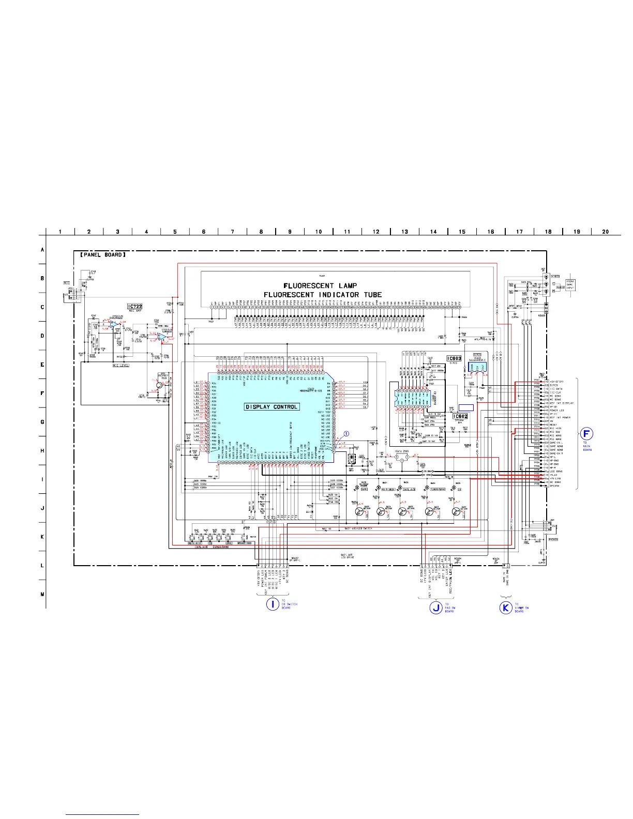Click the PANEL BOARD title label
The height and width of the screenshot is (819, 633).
(x=102, y=254)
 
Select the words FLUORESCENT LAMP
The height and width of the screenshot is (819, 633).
(x=320, y=285)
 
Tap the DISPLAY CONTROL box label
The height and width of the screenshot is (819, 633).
(x=272, y=407)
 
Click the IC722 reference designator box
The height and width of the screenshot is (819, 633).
(x=134, y=307)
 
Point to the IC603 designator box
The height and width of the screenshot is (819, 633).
(x=454, y=358)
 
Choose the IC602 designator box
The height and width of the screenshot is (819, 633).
(x=460, y=416)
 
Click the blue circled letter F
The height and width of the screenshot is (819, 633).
(x=585, y=434)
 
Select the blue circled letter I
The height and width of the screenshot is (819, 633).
(x=273, y=603)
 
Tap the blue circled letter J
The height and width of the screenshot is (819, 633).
(x=436, y=608)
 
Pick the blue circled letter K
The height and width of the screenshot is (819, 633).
(x=506, y=608)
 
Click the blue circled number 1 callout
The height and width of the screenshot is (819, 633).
(x=346, y=434)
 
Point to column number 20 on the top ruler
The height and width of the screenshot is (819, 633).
(x=606, y=232)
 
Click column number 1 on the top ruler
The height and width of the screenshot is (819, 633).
(x=60, y=232)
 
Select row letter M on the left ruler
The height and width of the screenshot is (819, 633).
(x=42, y=594)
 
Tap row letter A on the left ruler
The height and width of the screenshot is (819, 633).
(x=42, y=250)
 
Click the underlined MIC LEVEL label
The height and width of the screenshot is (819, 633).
(x=121, y=366)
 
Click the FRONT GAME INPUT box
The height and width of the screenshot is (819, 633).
(x=570, y=284)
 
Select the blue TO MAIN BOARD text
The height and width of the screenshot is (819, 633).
(x=587, y=446)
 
